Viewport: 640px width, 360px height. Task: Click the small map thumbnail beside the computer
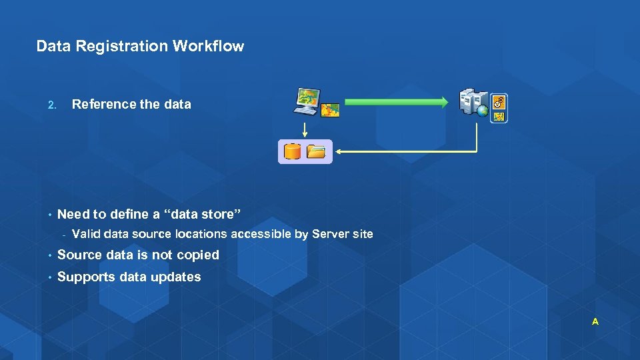pyautogui.click(x=330, y=110)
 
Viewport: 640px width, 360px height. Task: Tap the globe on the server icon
pyautogui.click(x=483, y=111)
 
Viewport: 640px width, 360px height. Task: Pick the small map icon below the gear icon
pyautogui.click(x=499, y=116)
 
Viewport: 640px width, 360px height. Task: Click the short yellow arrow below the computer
pyautogui.click(x=305, y=129)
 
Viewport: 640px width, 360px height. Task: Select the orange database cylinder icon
pyautogui.click(x=292, y=151)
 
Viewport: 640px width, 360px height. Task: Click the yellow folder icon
pyautogui.click(x=316, y=151)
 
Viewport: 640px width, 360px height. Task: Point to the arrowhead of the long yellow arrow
pyautogui.click(x=339, y=152)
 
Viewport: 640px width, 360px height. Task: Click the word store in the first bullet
pyautogui.click(x=218, y=214)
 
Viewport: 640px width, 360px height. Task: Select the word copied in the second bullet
pyautogui.click(x=198, y=255)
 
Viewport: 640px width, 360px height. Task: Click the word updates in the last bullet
pyautogui.click(x=176, y=277)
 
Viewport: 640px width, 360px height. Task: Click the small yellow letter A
pyautogui.click(x=595, y=322)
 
